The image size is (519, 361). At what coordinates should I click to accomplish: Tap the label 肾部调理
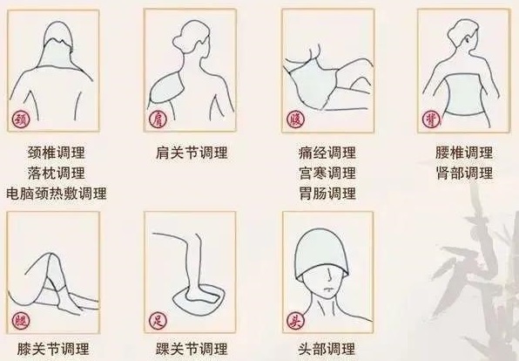(463, 173)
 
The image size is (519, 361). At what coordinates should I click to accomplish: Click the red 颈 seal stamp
(18, 119)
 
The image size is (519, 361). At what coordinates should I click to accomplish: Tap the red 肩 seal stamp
(158, 119)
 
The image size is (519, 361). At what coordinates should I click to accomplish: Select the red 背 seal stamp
(429, 118)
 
